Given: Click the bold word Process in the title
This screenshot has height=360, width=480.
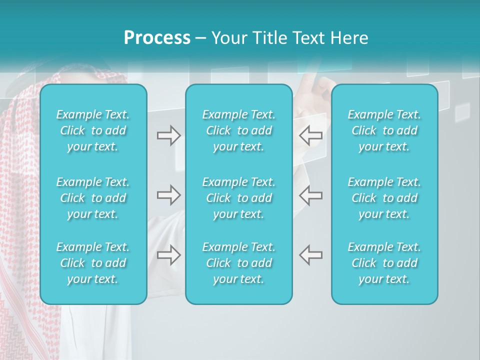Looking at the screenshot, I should click(x=157, y=38).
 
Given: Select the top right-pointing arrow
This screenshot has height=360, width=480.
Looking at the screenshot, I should click(x=169, y=135).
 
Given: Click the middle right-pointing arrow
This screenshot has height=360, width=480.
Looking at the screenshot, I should click(x=169, y=195).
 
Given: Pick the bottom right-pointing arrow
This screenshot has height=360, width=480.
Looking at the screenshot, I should click(x=169, y=255).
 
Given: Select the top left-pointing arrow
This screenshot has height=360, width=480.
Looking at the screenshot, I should click(x=310, y=135).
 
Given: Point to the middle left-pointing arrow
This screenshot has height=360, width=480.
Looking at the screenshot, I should click(x=310, y=195).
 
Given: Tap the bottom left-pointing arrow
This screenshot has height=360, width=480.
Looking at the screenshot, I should click(x=310, y=255).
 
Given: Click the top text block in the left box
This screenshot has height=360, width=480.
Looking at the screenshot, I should click(x=93, y=130).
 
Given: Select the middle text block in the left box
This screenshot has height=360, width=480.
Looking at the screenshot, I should click(x=93, y=198).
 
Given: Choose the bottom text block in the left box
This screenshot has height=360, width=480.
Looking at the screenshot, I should click(x=93, y=263).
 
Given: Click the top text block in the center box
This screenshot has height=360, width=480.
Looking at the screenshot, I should click(x=238, y=130).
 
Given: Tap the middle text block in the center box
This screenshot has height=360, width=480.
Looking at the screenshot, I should click(x=238, y=198).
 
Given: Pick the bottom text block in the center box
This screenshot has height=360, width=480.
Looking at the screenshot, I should click(x=238, y=263).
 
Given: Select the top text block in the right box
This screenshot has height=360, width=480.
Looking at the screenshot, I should click(x=384, y=130).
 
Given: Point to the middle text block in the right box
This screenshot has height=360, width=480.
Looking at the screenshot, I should click(x=384, y=198).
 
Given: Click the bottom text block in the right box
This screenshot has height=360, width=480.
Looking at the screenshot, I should click(x=384, y=263).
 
